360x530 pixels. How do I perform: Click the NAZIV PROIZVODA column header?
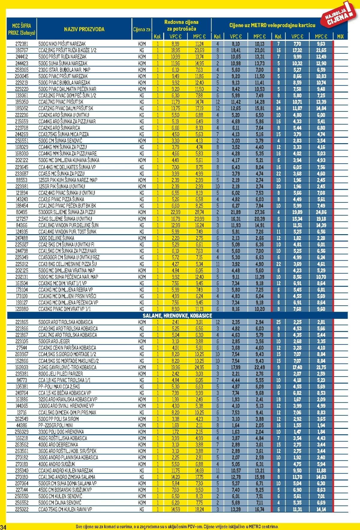pos(84,29)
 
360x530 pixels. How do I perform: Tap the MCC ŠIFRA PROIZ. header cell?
pos(21,29)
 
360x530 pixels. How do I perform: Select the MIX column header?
pos(340,37)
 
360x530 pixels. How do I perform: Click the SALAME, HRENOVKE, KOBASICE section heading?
pos(177,316)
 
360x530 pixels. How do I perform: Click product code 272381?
pos(21,44)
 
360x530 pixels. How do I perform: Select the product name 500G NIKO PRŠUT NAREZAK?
pos(62,44)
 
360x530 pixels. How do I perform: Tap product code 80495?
pos(21,212)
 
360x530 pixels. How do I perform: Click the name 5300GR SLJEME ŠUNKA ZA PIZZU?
pos(67,212)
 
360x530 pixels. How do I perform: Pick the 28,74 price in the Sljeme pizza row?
pos(199,212)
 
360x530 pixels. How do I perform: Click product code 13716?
pos(21,413)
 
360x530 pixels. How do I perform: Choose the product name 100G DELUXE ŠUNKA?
pos(56,238)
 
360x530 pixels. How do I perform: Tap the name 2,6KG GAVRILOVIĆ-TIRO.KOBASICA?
pos(67,367)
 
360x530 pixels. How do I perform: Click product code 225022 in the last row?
pos(21,509)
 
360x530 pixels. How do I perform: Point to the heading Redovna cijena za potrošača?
pos(181,26)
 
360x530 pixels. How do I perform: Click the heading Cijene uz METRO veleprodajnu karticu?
pos(272,25)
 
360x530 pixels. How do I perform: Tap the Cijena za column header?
pos(142,29)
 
